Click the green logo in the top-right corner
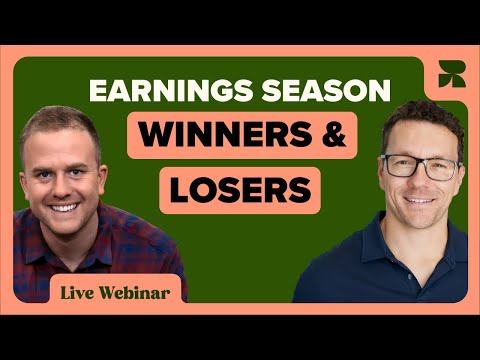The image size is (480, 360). pos(449,74)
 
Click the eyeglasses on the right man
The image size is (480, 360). pos(420,165)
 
